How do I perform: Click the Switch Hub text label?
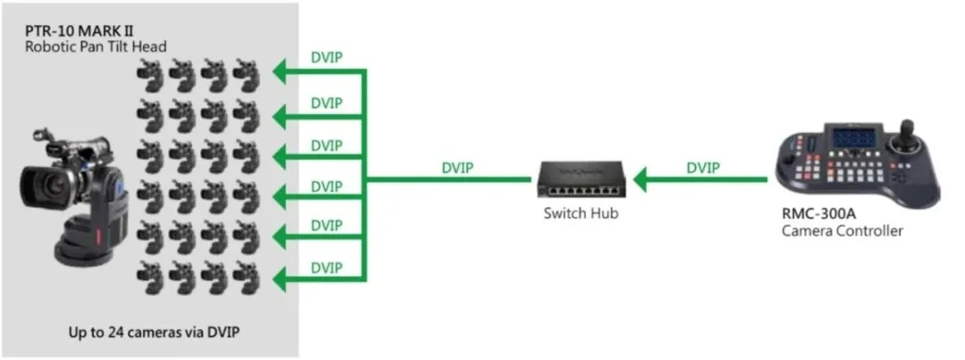pyautogui.click(x=581, y=214)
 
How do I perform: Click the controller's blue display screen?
pyautogui.click(x=852, y=141)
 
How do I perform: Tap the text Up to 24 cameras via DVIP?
pyautogui.click(x=154, y=332)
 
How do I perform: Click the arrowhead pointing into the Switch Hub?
pyautogui.click(x=635, y=181)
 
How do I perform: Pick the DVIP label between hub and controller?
pyautogui.click(x=705, y=167)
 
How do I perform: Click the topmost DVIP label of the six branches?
pyautogui.click(x=326, y=57)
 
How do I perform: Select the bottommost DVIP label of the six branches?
pyautogui.click(x=326, y=267)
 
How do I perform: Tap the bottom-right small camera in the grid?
pyautogui.click(x=247, y=280)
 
